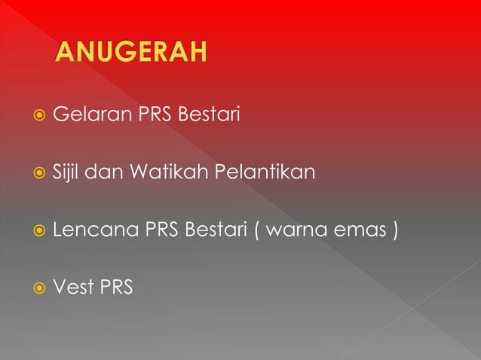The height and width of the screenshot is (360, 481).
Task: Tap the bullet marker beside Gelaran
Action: [35, 117]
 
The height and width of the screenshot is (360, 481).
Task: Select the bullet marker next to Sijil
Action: [35, 173]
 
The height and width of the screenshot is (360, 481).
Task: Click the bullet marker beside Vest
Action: [35, 287]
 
